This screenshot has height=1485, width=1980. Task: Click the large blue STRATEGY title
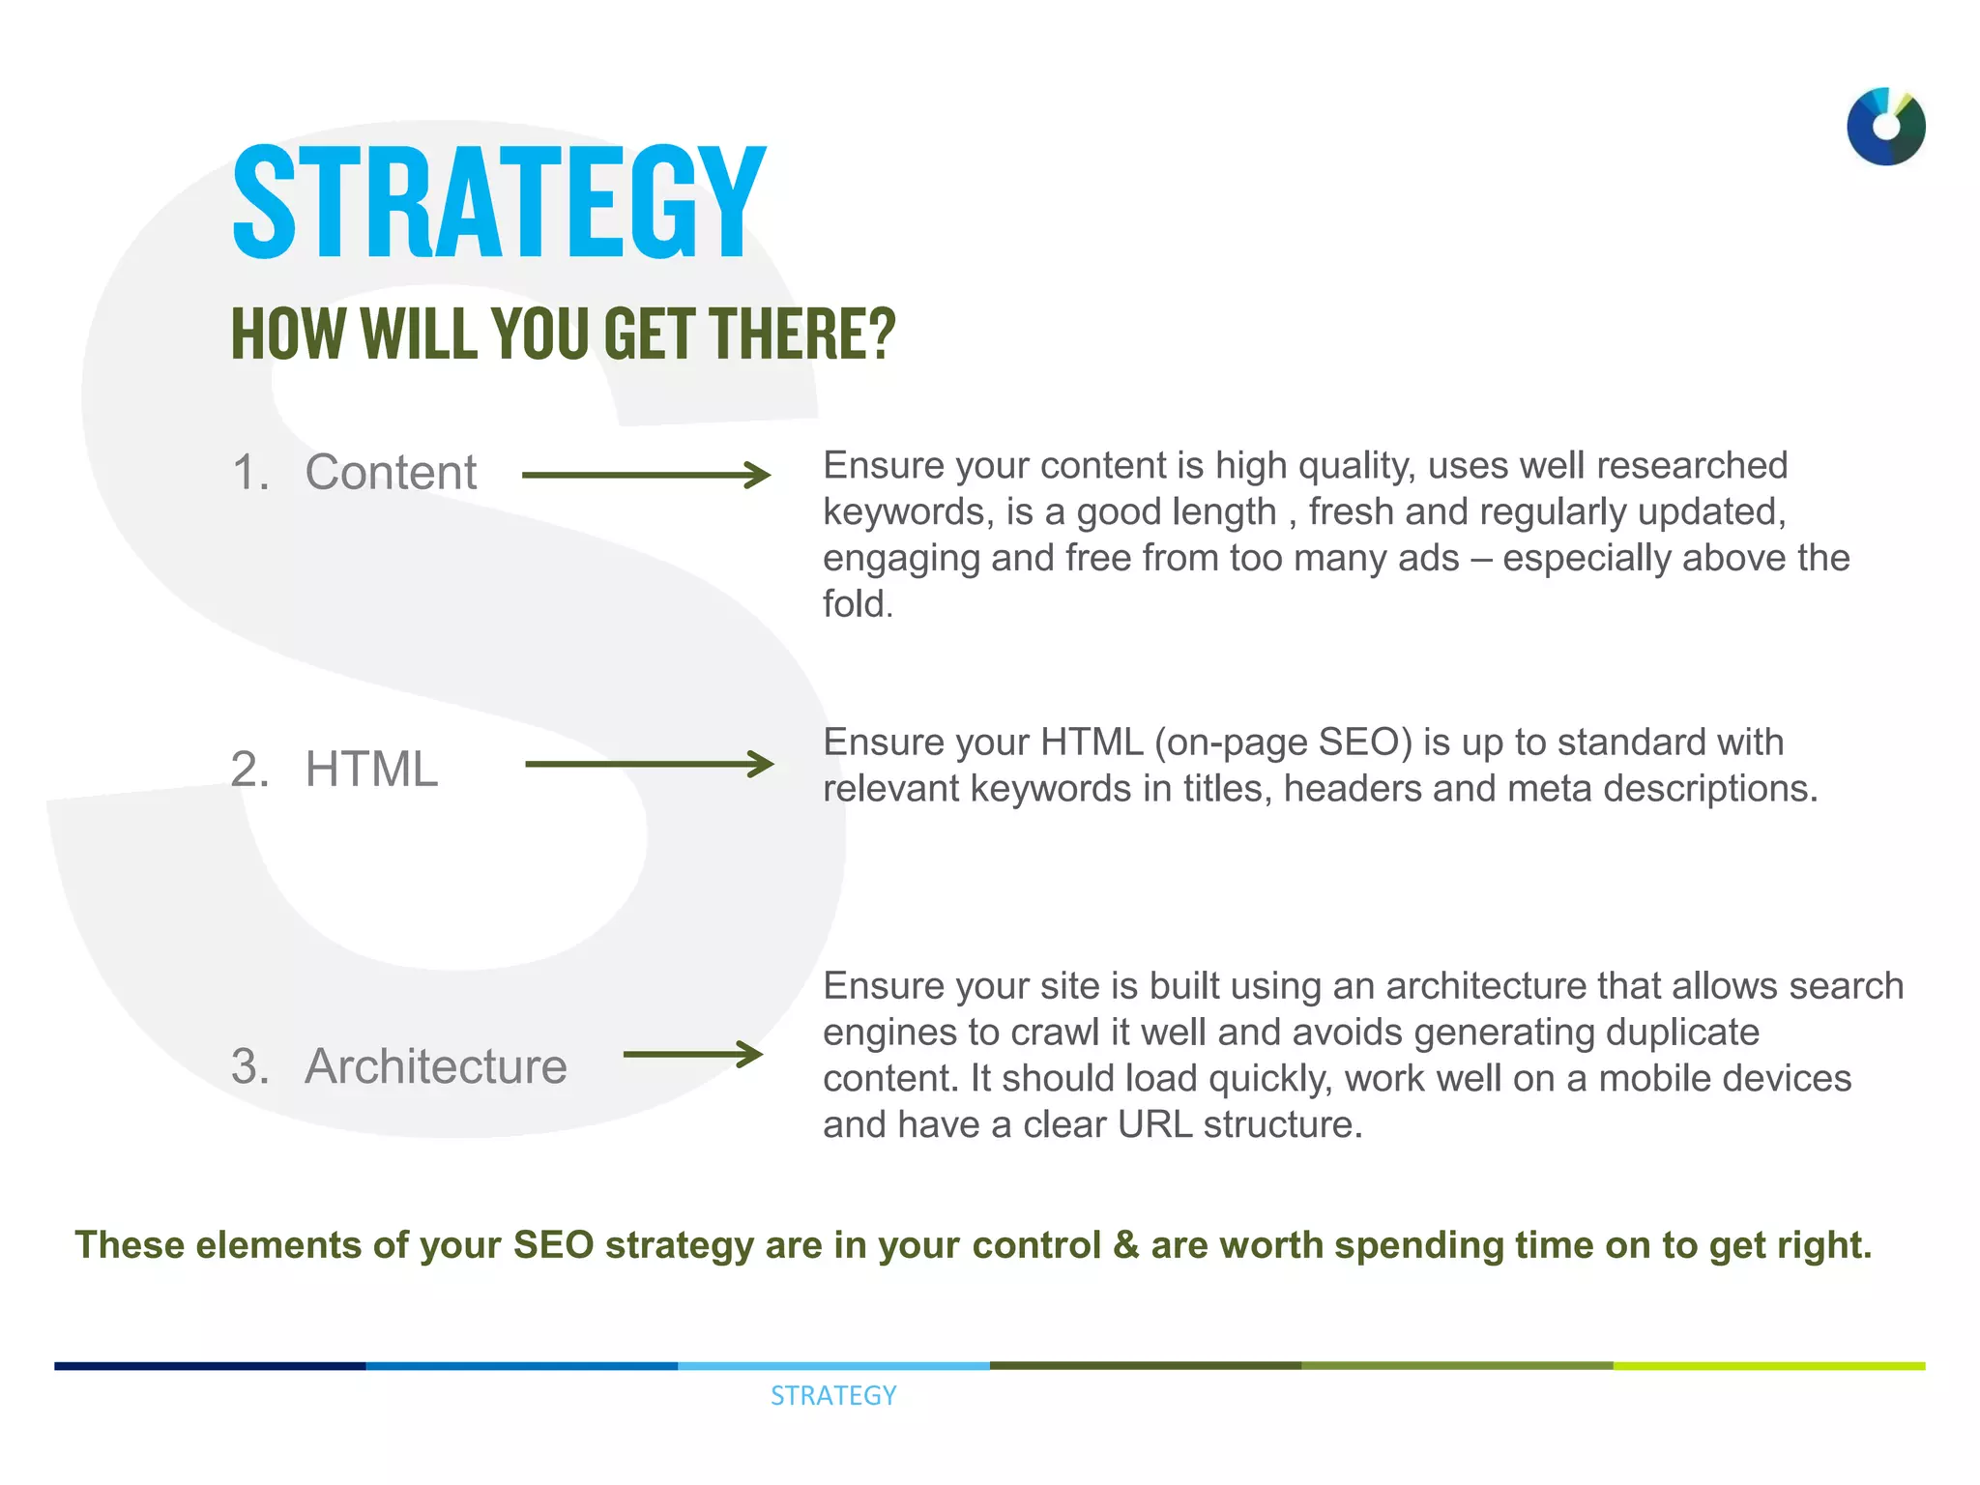click(499, 203)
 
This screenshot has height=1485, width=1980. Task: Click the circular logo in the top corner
click(1885, 127)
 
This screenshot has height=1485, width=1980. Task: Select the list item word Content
click(391, 473)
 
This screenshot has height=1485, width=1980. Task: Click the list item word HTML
click(371, 770)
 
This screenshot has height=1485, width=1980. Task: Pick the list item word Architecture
click(436, 1066)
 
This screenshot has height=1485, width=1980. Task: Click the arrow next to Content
click(646, 475)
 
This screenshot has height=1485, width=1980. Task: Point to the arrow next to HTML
click(649, 764)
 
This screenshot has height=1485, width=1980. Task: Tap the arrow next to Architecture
click(692, 1054)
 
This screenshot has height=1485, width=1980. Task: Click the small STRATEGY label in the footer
click(833, 1395)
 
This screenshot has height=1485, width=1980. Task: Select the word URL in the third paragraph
click(1154, 1124)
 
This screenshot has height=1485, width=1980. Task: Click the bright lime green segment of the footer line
click(1769, 1366)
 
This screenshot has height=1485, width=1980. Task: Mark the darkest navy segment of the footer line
click(210, 1366)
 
